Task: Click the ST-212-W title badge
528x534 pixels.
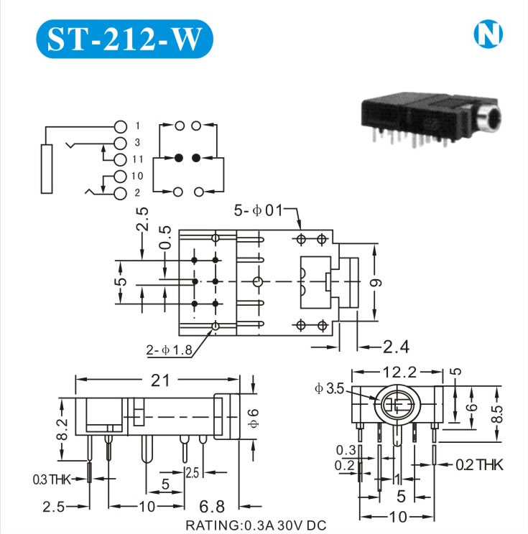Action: click(x=124, y=39)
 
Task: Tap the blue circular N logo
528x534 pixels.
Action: click(x=488, y=34)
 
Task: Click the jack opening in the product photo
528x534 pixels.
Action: click(x=490, y=121)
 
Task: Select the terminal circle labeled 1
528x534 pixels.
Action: click(x=120, y=126)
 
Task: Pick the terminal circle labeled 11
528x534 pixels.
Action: click(x=120, y=159)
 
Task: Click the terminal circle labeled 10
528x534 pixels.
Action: click(x=120, y=176)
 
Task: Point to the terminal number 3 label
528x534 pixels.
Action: click(x=137, y=142)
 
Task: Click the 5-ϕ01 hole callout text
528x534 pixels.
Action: click(x=259, y=210)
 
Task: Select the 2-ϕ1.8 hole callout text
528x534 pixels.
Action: click(x=169, y=350)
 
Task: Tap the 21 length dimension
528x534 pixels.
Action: click(x=160, y=380)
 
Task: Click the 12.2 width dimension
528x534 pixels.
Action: click(x=400, y=373)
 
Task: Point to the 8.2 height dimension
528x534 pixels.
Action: click(x=62, y=429)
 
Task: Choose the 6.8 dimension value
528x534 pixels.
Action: click(x=212, y=507)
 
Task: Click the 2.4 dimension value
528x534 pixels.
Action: click(x=396, y=347)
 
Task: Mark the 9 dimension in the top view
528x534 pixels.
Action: click(x=376, y=283)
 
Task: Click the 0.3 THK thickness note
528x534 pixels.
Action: click(x=52, y=479)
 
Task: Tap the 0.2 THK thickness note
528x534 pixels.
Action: click(x=479, y=465)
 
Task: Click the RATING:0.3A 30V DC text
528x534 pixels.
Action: click(x=256, y=525)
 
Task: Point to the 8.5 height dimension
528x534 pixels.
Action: click(x=497, y=414)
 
